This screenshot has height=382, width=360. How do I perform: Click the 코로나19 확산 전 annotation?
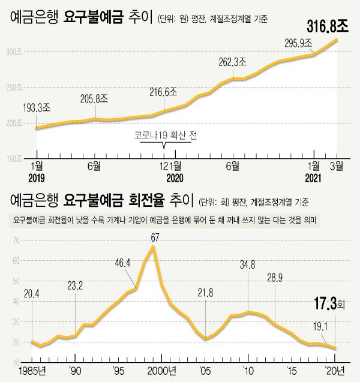166,136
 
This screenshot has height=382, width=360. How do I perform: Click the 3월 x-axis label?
337,164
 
